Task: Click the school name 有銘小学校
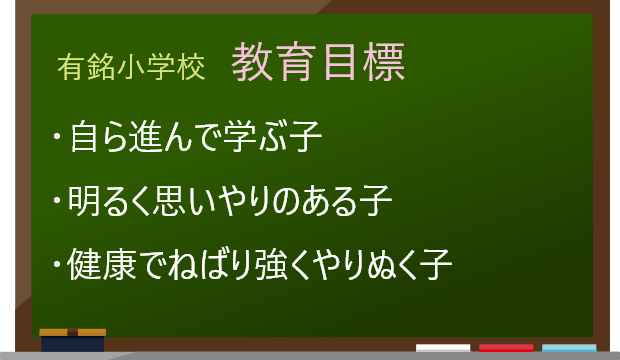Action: coord(131,67)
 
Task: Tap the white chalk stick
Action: coord(442,348)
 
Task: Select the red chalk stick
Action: coord(506,348)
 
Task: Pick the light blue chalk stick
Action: coord(569,348)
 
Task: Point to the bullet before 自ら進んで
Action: coord(59,136)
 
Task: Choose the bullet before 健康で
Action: coord(59,266)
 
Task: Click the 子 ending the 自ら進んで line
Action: coord(306,137)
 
